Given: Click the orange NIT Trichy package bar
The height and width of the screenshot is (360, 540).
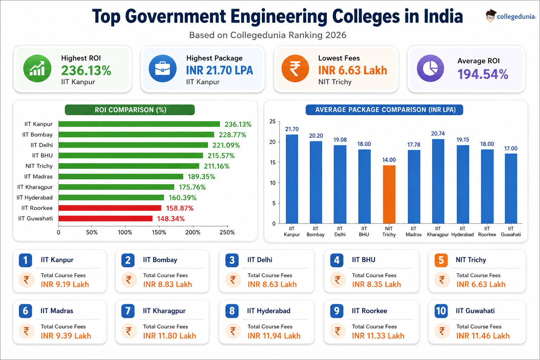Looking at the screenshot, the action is pos(389,194).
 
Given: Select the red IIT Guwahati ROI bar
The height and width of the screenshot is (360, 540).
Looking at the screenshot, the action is pos(105,218).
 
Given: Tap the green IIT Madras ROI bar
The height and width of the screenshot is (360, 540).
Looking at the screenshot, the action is pos(121,176).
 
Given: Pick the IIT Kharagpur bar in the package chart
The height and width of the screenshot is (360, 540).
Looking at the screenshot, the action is pos(438,181).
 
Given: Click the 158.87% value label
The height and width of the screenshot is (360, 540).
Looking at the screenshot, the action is pos(180,208).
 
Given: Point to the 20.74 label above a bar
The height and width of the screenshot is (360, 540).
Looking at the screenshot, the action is pos(438,133).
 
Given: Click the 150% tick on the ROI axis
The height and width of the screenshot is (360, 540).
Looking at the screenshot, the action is pos(159,232).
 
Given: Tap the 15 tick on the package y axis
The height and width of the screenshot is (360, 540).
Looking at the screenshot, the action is pos(273,162).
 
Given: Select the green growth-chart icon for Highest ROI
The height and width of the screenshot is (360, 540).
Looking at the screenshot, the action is pos(37,69).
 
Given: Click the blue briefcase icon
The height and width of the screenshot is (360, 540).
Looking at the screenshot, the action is pos(162,69).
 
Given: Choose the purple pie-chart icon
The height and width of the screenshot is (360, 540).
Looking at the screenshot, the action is pos(430,69).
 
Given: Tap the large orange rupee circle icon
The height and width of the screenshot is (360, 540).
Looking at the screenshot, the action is pos(295,69).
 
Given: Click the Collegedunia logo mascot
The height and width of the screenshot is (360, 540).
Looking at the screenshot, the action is pos(490,16).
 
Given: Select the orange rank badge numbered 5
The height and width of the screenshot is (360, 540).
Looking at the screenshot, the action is pos(441,260).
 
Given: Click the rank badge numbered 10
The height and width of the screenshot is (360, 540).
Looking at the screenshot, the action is pos(441,311).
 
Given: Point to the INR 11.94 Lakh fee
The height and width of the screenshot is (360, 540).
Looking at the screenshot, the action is pos(274,336).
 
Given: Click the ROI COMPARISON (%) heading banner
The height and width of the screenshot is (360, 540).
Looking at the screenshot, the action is pos(130,110).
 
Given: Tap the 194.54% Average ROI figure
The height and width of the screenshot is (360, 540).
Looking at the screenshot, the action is pos(483,74).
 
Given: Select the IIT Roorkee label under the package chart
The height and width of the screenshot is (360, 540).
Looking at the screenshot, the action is pos(487,231).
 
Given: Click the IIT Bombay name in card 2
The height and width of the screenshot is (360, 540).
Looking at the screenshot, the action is pos(160,260).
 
